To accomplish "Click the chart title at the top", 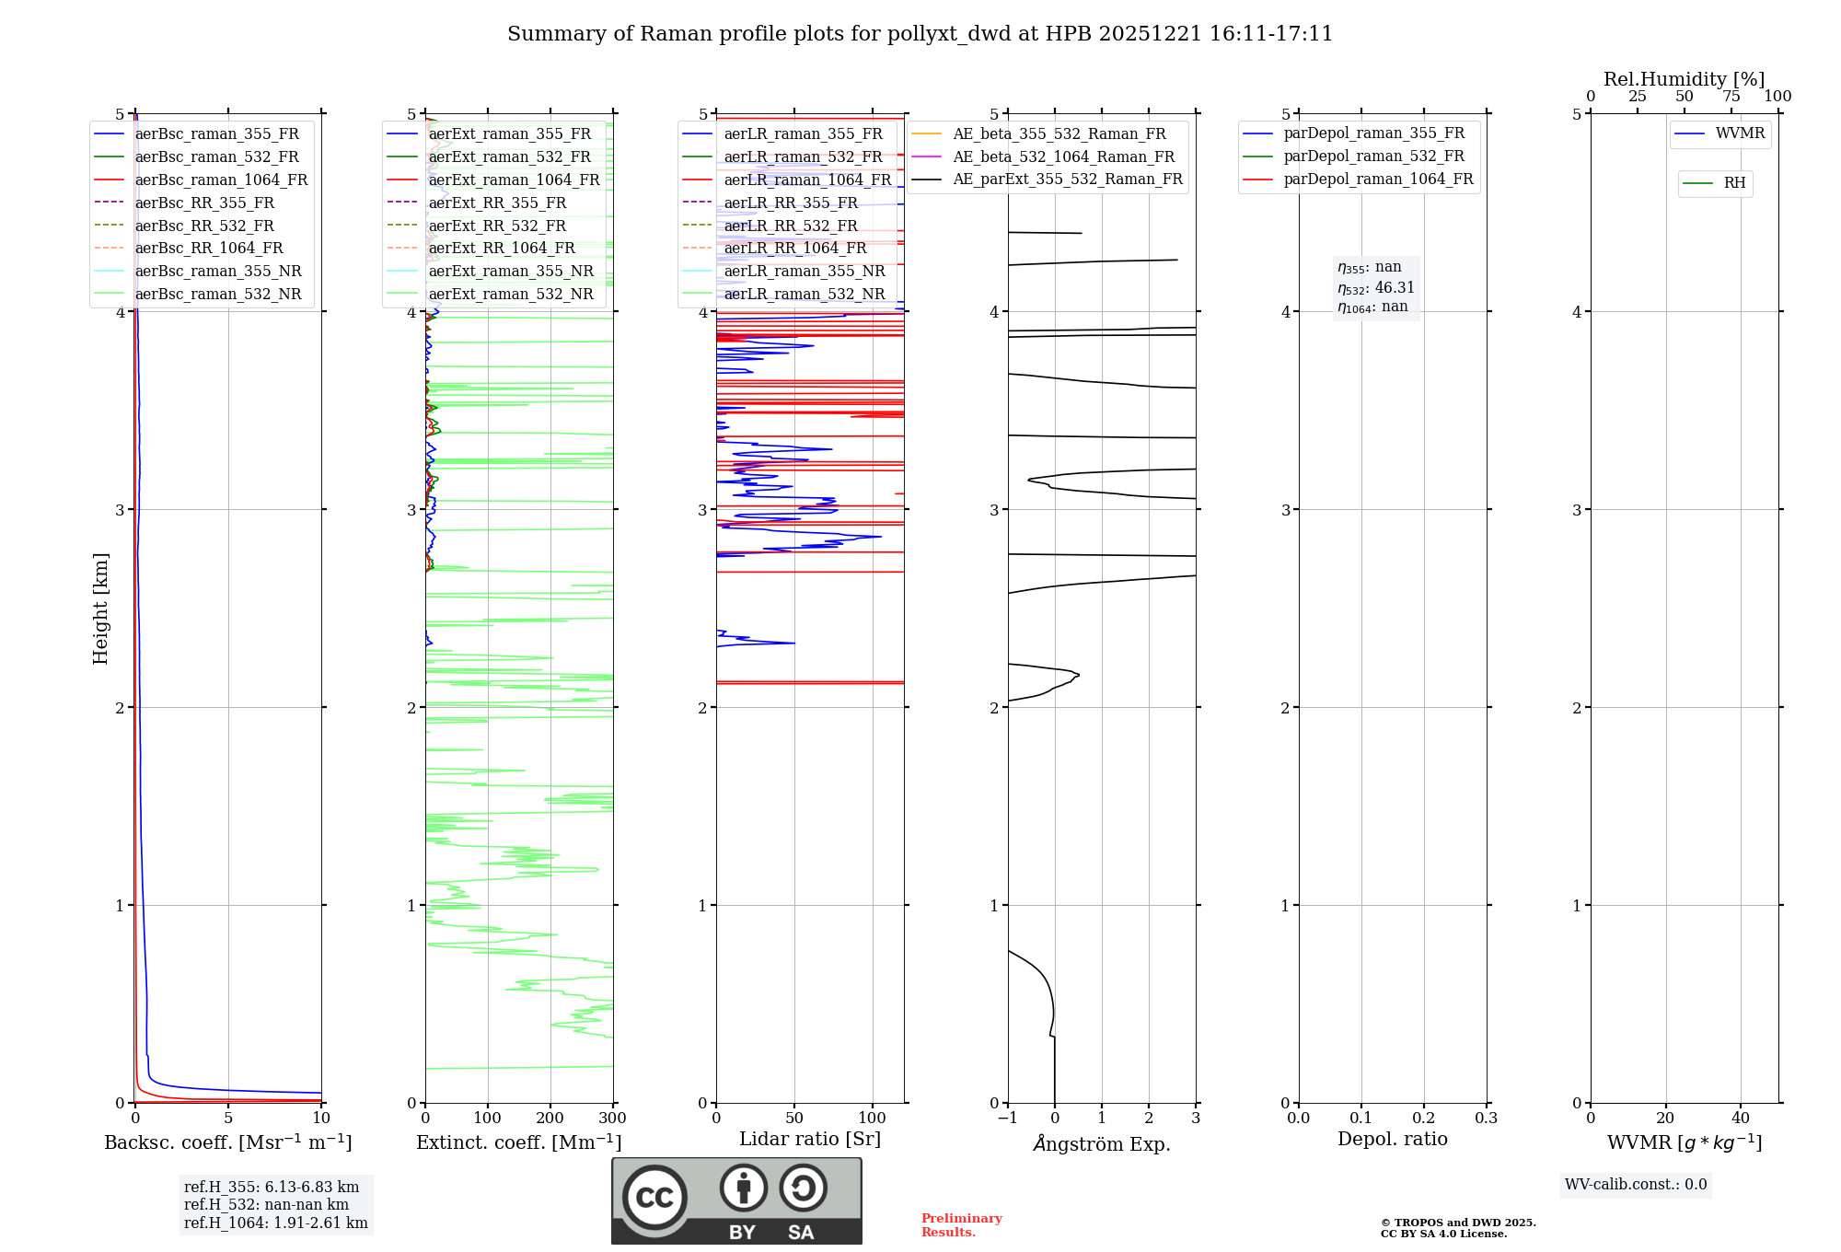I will [920, 34].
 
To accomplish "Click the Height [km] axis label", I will [100, 608].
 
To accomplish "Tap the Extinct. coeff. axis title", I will [518, 1142].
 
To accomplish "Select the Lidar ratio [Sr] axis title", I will [810, 1139].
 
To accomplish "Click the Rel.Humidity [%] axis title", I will [1684, 79].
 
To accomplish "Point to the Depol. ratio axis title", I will [1392, 1139].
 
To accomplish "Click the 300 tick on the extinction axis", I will [613, 1119].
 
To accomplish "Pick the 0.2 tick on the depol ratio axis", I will [1424, 1119].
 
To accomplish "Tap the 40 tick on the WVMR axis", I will [1741, 1119].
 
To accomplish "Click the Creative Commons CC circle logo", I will [654, 1197].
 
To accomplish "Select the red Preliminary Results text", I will [961, 1225].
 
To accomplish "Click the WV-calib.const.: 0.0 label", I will [1636, 1185].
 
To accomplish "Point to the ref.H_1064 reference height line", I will [275, 1223].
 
